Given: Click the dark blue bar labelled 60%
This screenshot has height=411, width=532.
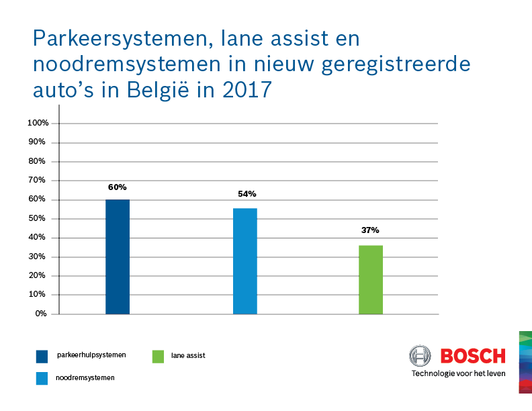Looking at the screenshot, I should (x=118, y=257).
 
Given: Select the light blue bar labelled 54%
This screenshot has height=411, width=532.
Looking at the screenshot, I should (x=245, y=261).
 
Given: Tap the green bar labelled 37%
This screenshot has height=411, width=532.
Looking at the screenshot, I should (x=370, y=279).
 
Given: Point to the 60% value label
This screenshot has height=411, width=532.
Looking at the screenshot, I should (x=118, y=187).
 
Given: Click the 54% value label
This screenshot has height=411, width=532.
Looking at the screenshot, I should (x=247, y=194).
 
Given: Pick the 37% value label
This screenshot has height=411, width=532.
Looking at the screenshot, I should (x=370, y=230).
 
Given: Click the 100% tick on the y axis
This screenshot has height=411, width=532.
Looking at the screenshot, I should (x=38, y=123).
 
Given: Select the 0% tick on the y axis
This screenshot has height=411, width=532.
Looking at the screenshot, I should (x=41, y=314).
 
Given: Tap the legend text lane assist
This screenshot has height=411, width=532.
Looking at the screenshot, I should (x=188, y=355).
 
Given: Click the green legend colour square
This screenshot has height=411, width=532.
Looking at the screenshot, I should (x=158, y=356).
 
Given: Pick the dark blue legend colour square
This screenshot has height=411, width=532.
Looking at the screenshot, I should (x=42, y=356).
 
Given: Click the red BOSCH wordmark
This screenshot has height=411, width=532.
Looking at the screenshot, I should (x=473, y=356).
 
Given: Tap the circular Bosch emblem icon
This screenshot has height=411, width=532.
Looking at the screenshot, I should (x=421, y=356).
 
